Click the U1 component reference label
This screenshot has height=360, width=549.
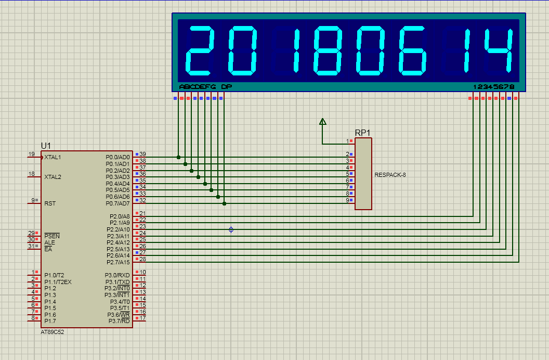pyautogui.click(x=46, y=146)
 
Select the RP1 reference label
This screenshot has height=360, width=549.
pyautogui.click(x=362, y=133)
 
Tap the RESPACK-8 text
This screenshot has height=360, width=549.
pyautogui.click(x=390, y=175)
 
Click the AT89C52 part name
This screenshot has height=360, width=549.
pyautogui.click(x=53, y=332)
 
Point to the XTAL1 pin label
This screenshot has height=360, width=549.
pyautogui.click(x=53, y=157)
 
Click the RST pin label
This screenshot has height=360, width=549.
pyautogui.click(x=50, y=203)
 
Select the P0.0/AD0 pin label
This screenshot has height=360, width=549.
pyautogui.click(x=117, y=157)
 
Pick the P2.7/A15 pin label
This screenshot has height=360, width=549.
pyautogui.click(x=118, y=262)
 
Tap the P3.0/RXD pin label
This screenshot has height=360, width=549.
pyautogui.click(x=117, y=275)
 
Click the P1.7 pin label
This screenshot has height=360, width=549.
pyautogui.click(x=50, y=321)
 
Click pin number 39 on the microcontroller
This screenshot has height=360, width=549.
pyautogui.click(x=142, y=154)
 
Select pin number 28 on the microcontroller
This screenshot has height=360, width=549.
pyautogui.click(x=142, y=259)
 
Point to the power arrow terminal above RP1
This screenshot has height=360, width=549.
pyautogui.click(x=323, y=122)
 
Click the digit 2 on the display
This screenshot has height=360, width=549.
pyautogui.click(x=200, y=51)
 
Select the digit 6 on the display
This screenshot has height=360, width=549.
pyautogui.click(x=413, y=51)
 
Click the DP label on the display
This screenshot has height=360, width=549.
pyautogui.click(x=227, y=86)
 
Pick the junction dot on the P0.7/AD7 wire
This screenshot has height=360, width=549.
pyautogui.click(x=224, y=203)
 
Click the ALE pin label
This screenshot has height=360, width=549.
pyautogui.click(x=50, y=242)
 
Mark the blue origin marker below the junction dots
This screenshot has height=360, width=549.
pyautogui.click(x=231, y=230)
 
